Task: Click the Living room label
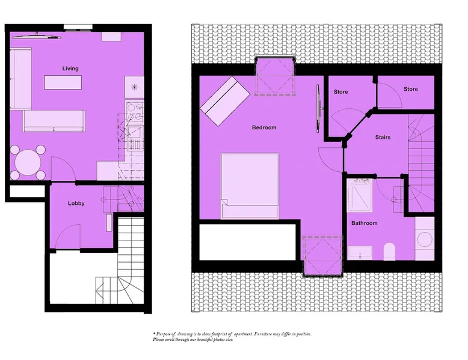coord(70,69)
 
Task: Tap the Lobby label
coord(76,203)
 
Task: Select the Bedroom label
coord(264,127)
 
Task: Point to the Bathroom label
coord(364,223)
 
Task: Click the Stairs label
coord(383,138)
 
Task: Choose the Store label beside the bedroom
coord(340,92)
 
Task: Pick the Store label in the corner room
coord(411,89)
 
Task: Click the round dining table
coord(28,162)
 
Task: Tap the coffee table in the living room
coord(63,82)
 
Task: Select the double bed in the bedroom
coord(250,186)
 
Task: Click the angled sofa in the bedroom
coord(225,101)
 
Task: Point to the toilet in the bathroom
coord(389,251)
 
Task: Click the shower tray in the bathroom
coord(360,195)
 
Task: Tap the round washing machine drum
coord(425,239)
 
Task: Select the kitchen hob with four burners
coord(134,112)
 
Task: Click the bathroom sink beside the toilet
coord(360,252)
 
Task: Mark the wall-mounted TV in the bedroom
coord(318,109)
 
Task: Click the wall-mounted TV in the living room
coord(37,37)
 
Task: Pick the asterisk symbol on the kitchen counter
coord(134,87)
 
